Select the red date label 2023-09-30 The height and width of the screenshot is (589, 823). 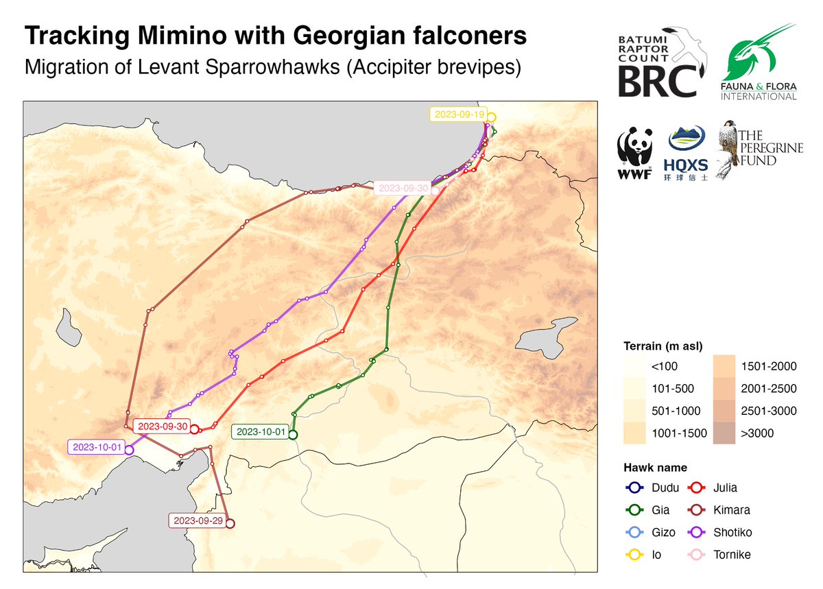click(162, 426)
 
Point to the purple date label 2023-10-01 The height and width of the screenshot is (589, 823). click(97, 448)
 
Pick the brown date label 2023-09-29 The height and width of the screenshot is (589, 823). click(198, 521)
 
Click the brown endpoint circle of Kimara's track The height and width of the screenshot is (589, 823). click(230, 524)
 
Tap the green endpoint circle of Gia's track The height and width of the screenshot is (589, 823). click(293, 435)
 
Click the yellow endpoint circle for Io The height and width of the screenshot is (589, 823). click(491, 117)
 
